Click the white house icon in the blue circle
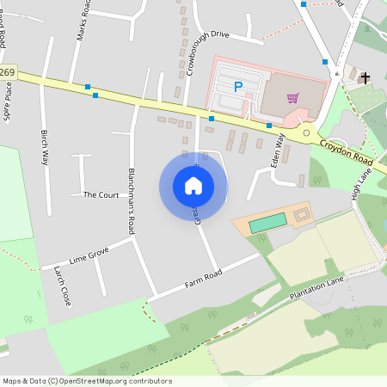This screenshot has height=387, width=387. point(193,185)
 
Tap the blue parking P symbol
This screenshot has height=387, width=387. point(238,87)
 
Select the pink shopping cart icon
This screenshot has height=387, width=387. point(292,97)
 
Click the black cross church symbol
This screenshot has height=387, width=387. point(365,78)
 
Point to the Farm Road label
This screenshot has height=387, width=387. point(203,278)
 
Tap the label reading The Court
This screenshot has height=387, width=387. point(101,195)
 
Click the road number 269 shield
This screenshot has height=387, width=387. point(8,71)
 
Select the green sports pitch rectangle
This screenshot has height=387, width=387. point(267,222)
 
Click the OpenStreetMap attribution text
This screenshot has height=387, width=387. point(87,380)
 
